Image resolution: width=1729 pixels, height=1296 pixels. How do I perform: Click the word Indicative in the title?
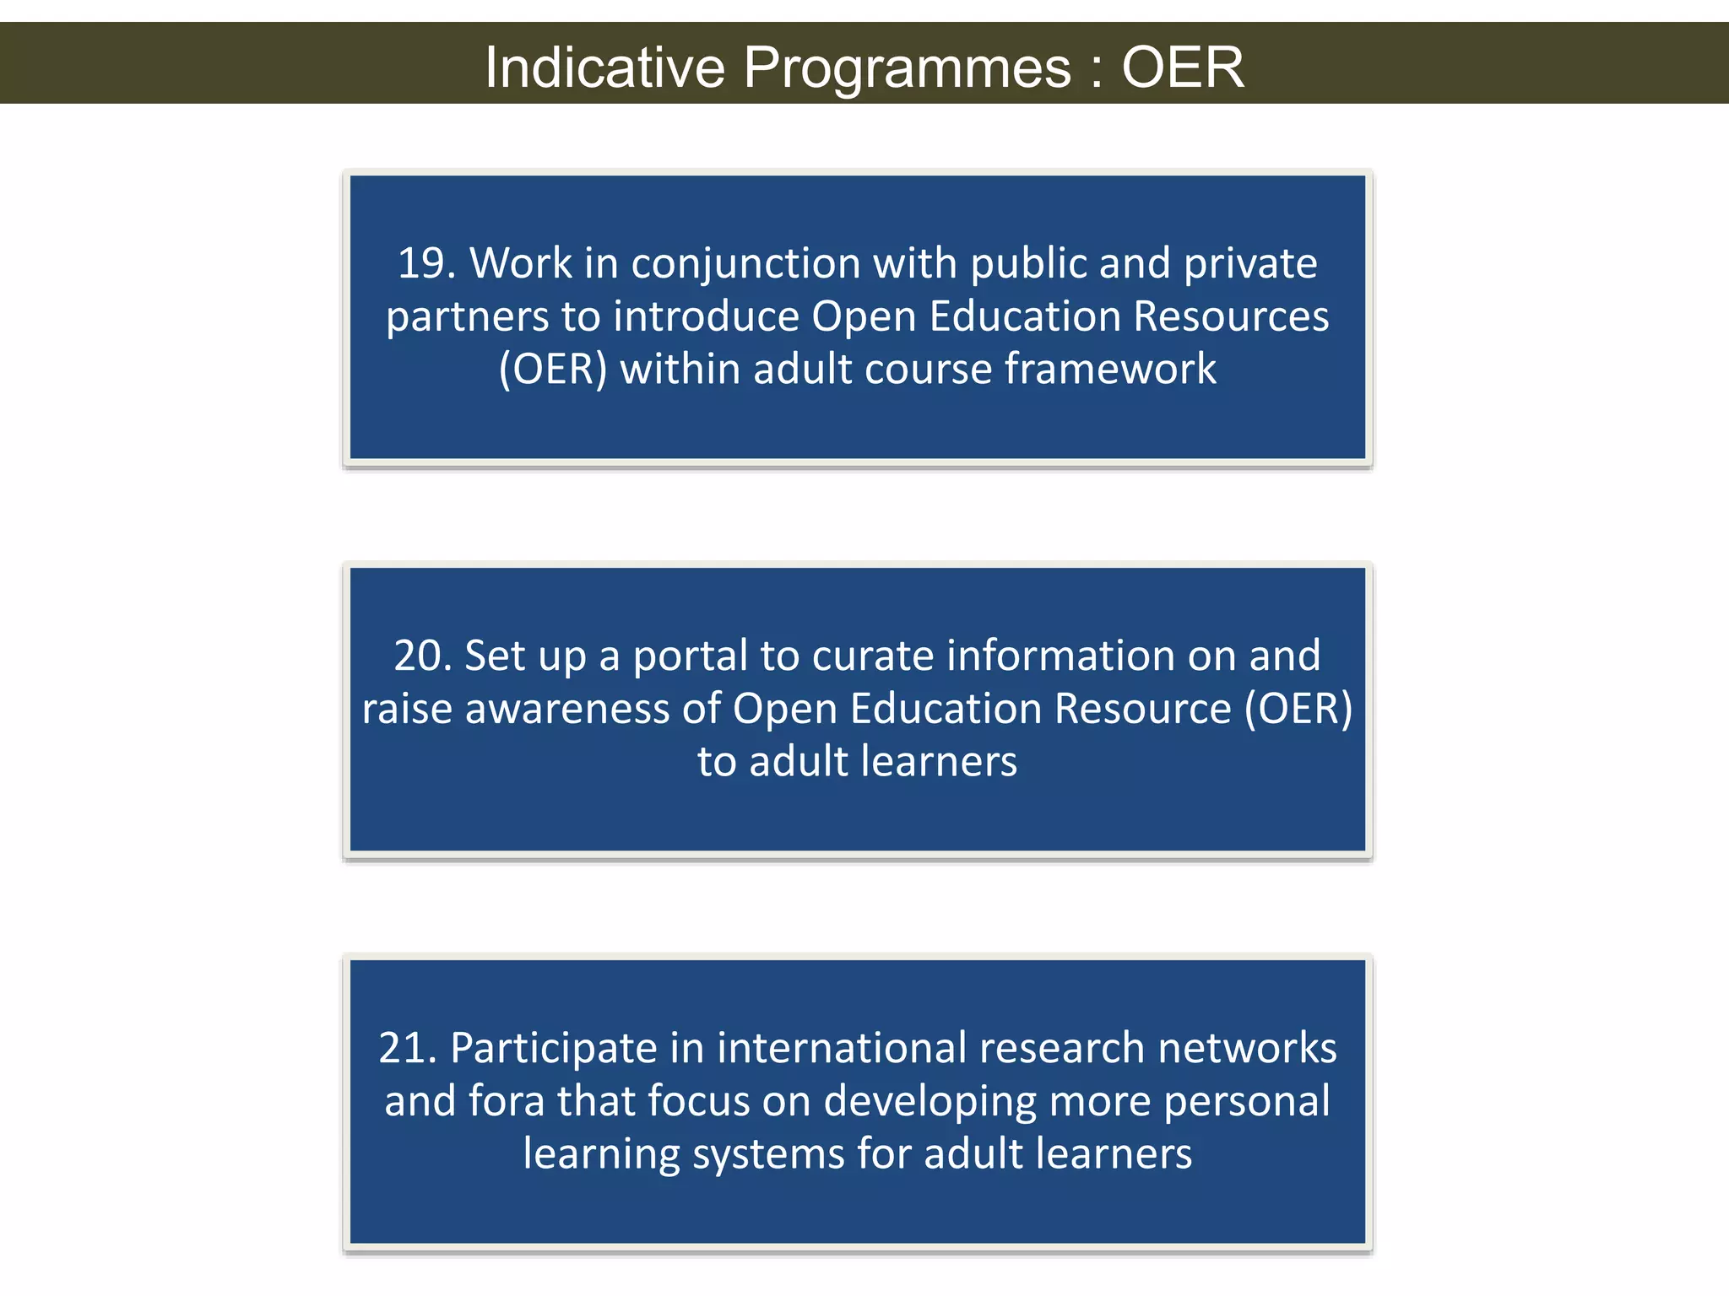604,67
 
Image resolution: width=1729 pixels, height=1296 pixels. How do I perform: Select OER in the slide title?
1182,67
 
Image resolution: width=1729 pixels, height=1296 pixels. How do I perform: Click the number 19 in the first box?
420,263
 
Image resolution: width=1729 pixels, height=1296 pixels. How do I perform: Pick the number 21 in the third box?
402,1048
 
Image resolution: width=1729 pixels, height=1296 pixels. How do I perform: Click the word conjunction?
745,265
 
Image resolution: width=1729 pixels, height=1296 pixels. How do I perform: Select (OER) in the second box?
1298,709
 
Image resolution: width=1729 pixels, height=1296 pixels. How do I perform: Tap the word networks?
1247,1048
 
